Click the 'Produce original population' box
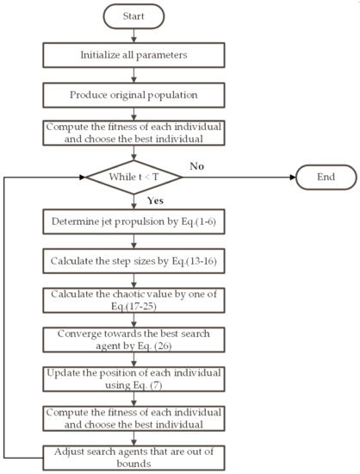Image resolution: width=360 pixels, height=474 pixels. (133, 93)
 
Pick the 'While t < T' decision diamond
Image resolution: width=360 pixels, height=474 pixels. (133, 178)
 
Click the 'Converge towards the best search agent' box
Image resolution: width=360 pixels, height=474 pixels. (133, 341)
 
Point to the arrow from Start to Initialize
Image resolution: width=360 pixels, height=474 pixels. (133, 37)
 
